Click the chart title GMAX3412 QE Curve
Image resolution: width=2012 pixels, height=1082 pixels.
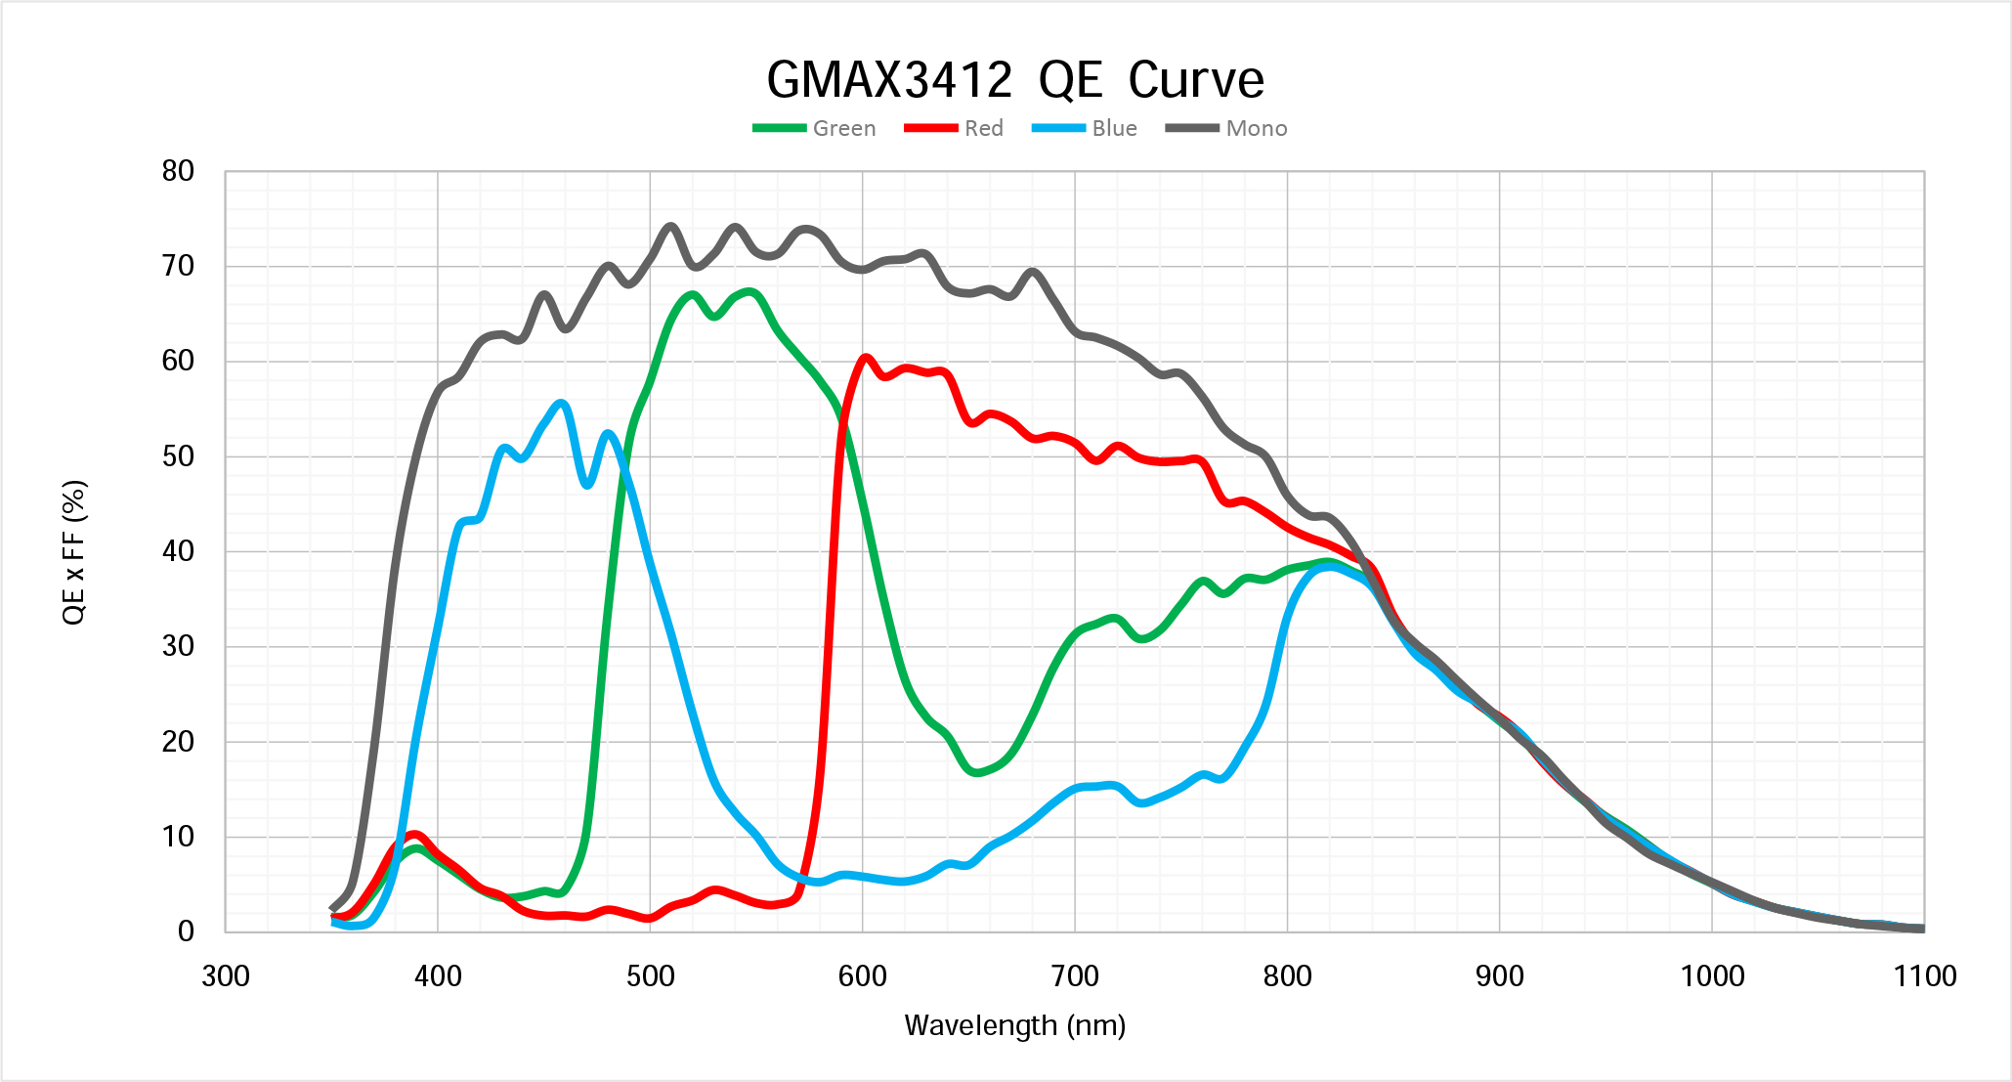tap(1014, 80)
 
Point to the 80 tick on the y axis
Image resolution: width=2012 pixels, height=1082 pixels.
tap(178, 171)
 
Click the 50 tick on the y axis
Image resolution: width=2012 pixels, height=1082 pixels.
tap(178, 456)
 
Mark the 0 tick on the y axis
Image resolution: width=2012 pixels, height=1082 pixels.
tap(186, 931)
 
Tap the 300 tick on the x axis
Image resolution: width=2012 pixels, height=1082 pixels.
tap(226, 975)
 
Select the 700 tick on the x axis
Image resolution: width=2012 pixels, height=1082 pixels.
tap(1075, 975)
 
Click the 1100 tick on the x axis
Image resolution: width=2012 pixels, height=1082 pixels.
tap(1924, 975)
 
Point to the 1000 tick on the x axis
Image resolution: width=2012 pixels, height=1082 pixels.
tap(1712, 975)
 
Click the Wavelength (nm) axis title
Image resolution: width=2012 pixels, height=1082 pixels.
tap(1014, 1025)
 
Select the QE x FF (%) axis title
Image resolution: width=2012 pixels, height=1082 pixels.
tap(74, 552)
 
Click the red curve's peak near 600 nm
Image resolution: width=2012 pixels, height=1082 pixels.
tap(865, 358)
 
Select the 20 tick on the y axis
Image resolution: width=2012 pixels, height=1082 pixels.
tap(178, 742)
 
